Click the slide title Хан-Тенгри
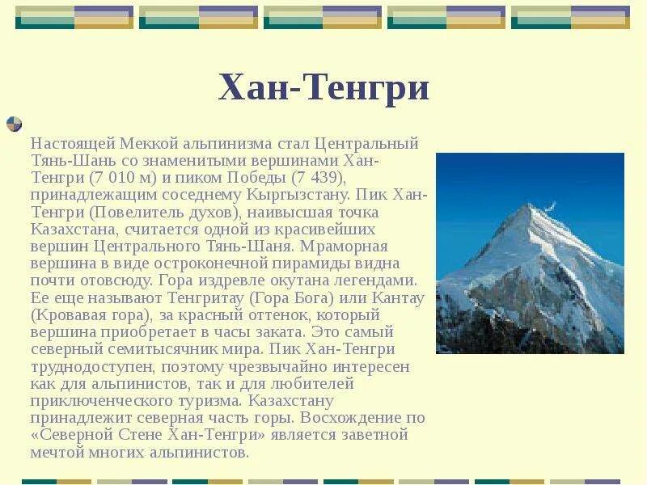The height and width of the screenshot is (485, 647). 323,88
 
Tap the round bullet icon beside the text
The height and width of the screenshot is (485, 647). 14,124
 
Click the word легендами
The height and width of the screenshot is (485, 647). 375,280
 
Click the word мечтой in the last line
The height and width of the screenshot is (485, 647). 57,452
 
